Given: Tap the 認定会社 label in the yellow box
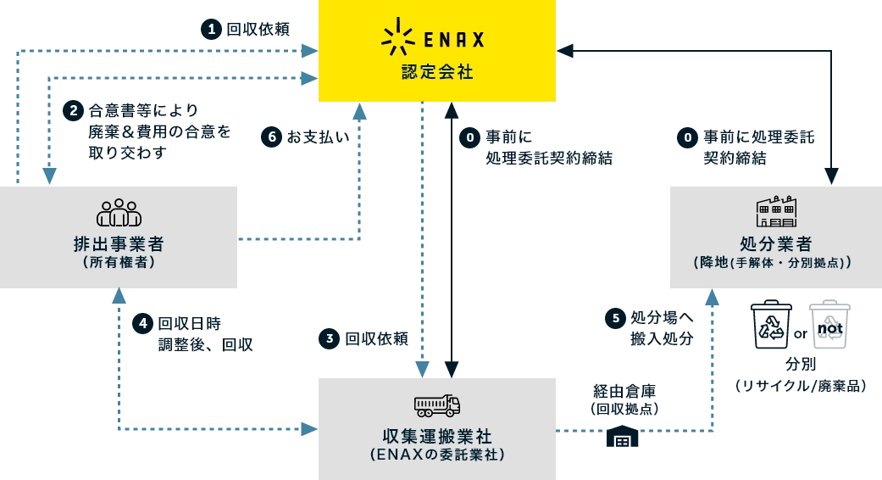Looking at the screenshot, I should point(437,73).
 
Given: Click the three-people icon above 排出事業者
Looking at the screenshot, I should point(119,213).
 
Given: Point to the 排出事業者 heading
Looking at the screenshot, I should point(119,243).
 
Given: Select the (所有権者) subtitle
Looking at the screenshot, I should point(119,263).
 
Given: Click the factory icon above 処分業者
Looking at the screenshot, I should point(775,211).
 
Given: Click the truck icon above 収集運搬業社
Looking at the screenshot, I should point(437,405).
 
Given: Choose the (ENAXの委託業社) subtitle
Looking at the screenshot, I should point(437,455).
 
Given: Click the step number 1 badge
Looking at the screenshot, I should point(211,30).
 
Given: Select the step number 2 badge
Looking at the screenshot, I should point(74,110).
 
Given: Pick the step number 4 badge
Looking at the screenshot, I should point(142,323).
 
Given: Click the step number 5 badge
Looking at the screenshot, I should point(616,318).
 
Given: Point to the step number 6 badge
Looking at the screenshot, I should point(271,137).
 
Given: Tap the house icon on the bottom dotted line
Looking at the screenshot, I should point(623,436).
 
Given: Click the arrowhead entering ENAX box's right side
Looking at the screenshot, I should point(568,51).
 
